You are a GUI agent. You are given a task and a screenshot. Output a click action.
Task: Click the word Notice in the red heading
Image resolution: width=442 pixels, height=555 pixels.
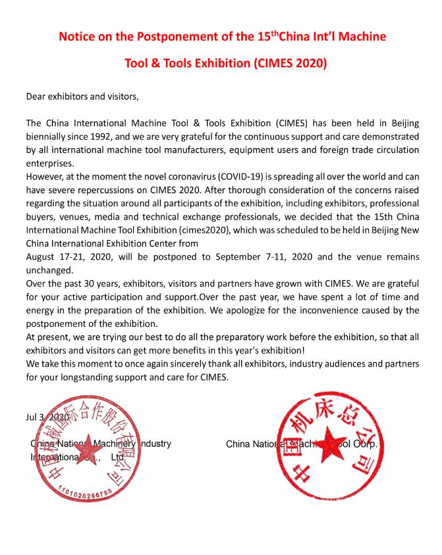pyautogui.click(x=80, y=36)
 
